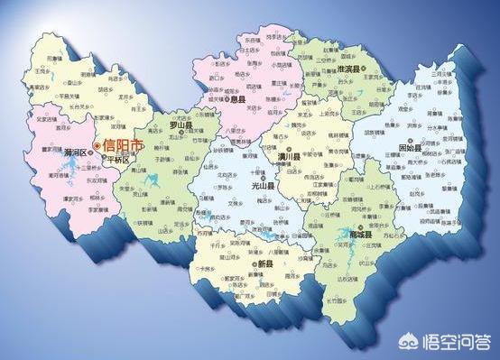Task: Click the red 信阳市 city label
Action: (124, 144)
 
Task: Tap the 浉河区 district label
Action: (77, 152)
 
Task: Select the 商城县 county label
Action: (358, 235)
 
